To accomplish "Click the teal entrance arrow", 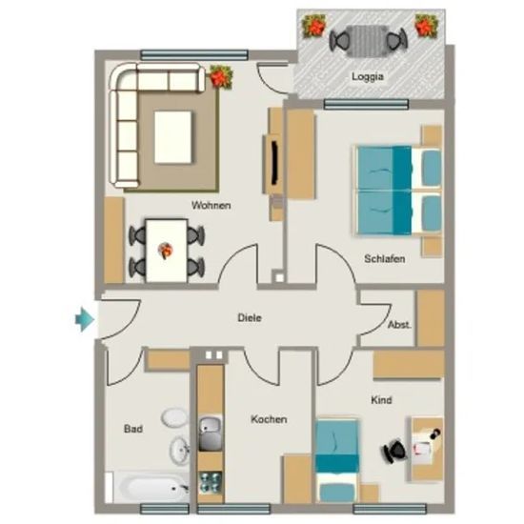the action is coord(84,319).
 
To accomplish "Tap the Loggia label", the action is coord(368,77).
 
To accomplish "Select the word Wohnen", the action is coord(212,205).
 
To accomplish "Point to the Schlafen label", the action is coord(385,258).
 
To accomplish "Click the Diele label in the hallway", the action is coord(250,317).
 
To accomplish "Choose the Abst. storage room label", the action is coord(399,325).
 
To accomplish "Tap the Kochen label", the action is coord(269,419).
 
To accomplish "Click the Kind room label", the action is coord(381,400).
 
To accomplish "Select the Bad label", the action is coord(133,429).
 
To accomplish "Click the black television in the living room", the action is coord(274,163).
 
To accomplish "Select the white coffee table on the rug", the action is coord(173,137).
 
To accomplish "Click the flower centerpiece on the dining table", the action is coord(166,251).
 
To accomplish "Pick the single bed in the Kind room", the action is coord(337,460).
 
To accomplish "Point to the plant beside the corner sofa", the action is coord(221,76).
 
